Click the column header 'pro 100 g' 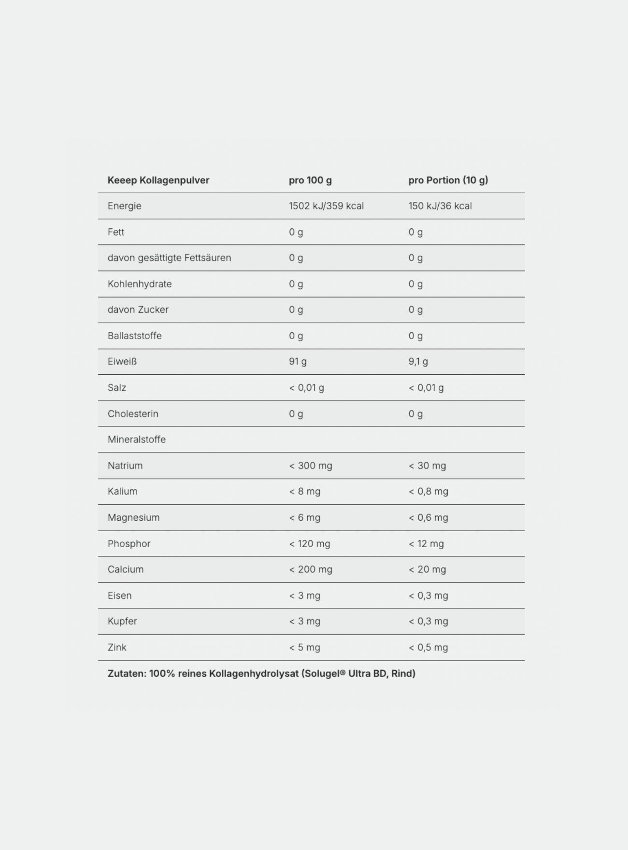[x=310, y=180]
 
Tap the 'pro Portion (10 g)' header [x=448, y=180]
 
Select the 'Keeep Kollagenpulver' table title [x=158, y=180]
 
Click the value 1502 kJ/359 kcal [x=326, y=206]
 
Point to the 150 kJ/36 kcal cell [x=440, y=206]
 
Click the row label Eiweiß [x=122, y=361]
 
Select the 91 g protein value [x=298, y=361]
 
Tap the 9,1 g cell [x=418, y=361]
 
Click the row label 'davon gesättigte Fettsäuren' [x=169, y=258]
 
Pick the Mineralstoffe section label [x=136, y=439]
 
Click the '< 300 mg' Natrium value [x=311, y=466]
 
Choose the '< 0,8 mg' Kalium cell [x=428, y=492]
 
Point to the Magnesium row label [x=133, y=518]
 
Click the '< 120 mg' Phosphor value [x=310, y=544]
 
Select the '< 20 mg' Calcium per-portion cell [x=427, y=569]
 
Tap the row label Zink [x=117, y=647]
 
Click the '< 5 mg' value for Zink [x=304, y=647]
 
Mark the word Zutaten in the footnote [x=126, y=673]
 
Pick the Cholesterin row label [x=133, y=414]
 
